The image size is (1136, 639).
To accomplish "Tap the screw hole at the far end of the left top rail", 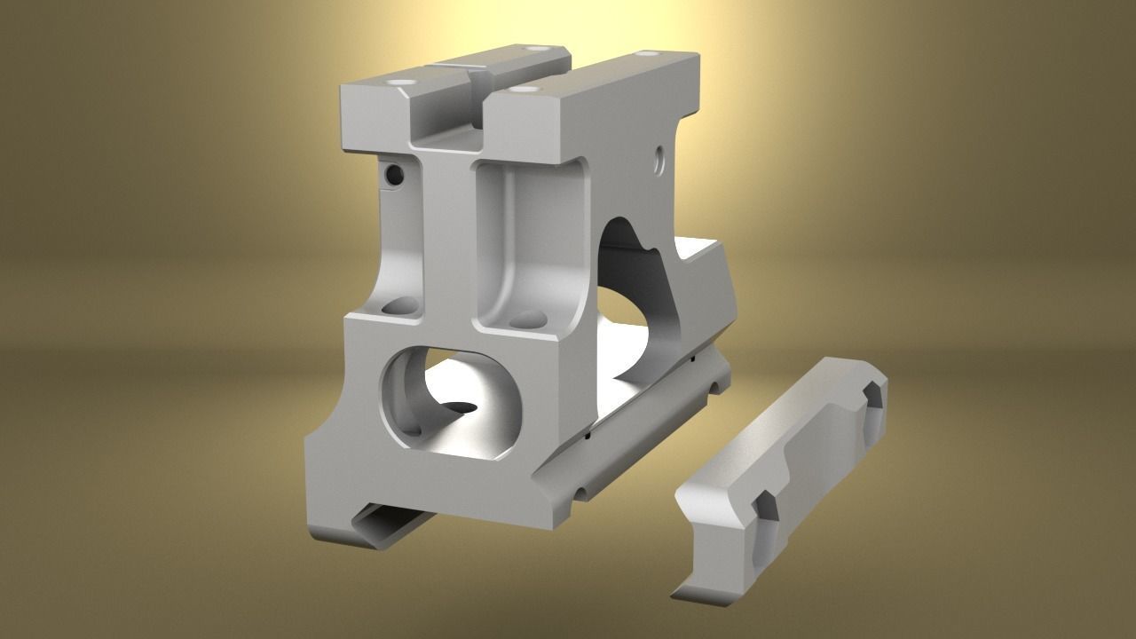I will point(533,50).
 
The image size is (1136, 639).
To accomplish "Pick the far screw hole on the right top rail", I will point(643,54).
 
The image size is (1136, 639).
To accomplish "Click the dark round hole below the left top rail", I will point(392,175).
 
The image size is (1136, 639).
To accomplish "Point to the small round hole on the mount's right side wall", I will point(659,160).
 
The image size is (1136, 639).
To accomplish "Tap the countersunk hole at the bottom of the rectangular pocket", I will point(527,318).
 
